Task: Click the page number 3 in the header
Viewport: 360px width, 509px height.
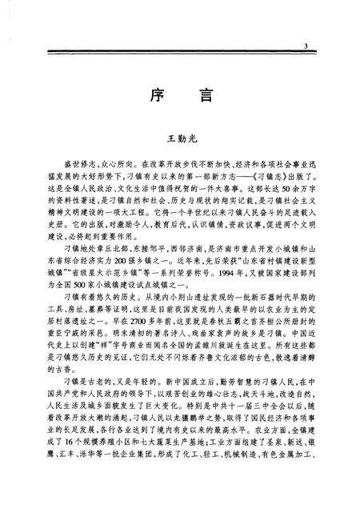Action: (307, 48)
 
